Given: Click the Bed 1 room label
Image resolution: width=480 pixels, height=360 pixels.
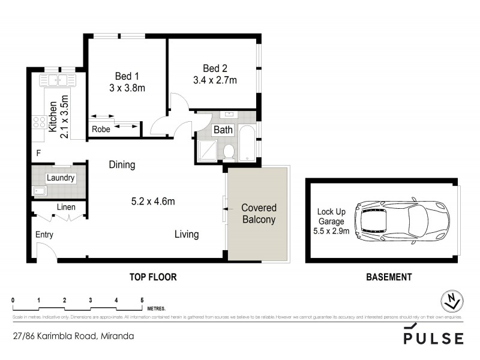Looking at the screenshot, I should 127,76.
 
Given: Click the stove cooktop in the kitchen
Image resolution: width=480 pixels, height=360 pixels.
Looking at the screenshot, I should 40,122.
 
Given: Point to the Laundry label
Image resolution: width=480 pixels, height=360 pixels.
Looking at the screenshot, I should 60,178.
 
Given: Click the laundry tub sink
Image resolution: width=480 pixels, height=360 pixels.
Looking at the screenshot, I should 40,191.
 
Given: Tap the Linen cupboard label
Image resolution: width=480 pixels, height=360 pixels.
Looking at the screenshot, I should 65,208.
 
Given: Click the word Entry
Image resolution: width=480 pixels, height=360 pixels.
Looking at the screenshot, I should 44,235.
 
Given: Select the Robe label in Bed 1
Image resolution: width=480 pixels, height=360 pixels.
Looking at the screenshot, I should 100,129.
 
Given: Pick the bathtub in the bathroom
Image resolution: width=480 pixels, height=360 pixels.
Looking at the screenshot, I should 248,143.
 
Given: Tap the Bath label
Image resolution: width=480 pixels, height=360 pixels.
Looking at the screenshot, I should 223,130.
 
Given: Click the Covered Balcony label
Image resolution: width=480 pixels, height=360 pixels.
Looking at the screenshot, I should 258,214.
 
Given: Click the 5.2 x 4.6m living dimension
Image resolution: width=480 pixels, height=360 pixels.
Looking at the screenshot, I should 154,201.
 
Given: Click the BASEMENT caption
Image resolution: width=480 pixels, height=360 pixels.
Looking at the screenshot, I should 389,277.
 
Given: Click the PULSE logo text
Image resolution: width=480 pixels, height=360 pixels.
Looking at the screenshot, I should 433,338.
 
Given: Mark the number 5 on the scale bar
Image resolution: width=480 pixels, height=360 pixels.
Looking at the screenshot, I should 142,298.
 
